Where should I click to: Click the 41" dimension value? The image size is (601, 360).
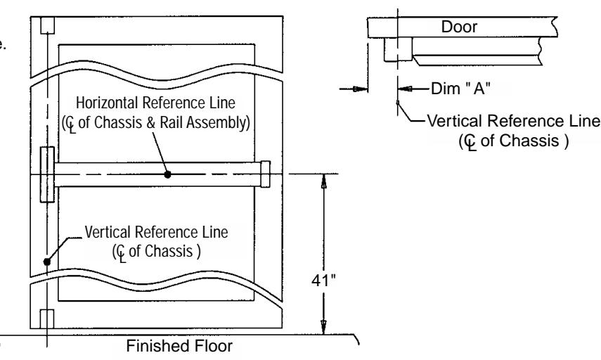click(x=323, y=281)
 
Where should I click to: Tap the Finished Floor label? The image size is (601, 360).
click(x=179, y=346)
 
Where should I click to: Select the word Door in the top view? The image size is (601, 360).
click(x=459, y=27)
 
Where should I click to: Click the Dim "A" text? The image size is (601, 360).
click(x=460, y=89)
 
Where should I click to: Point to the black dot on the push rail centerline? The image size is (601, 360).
click(x=167, y=174)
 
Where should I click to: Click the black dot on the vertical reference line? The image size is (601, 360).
click(x=47, y=262)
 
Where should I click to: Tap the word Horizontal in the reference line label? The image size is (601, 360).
click(x=107, y=103)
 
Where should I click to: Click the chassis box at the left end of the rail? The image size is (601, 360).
click(x=48, y=174)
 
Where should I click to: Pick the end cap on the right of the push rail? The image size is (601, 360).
click(x=265, y=174)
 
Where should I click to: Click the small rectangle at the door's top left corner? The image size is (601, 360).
click(x=48, y=25)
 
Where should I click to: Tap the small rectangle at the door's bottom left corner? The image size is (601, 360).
click(x=47, y=319)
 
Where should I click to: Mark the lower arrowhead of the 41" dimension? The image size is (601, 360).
click(x=324, y=327)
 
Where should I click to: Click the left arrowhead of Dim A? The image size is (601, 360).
click(x=361, y=89)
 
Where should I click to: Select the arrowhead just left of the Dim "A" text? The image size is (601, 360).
click(x=405, y=89)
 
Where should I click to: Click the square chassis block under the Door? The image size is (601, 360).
click(x=399, y=49)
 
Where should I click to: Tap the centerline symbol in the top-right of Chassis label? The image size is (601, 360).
click(x=470, y=142)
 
